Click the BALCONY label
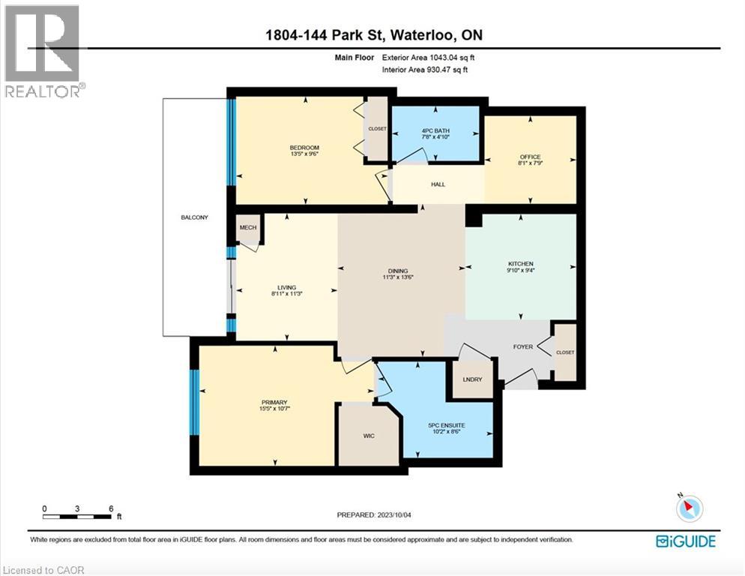(193, 217)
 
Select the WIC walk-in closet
(368, 436)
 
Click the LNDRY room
(472, 379)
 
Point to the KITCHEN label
(521, 264)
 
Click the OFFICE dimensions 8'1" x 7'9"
(530, 163)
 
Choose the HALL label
(438, 184)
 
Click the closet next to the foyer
(565, 352)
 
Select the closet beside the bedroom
(377, 129)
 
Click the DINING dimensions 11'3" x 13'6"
(398, 277)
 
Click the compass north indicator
(689, 508)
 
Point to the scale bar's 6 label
(111, 508)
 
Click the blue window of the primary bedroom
(194, 402)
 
